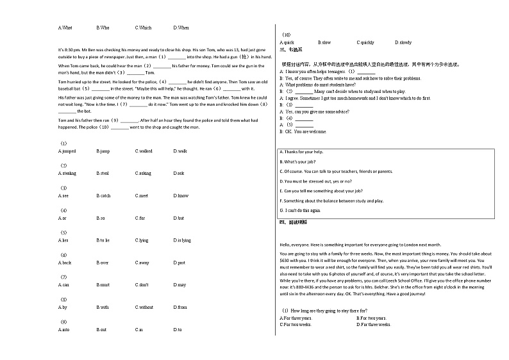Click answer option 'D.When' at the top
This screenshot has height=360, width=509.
(x=181, y=28)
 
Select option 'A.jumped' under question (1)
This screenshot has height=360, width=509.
(x=67, y=151)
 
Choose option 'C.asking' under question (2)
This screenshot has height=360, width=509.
(x=143, y=174)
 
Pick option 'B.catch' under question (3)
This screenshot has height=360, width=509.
(x=103, y=196)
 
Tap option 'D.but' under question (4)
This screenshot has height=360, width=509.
(x=179, y=218)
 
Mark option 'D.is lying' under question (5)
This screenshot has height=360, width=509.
(x=182, y=240)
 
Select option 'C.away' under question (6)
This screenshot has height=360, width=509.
(x=142, y=263)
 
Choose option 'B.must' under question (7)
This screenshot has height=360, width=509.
(x=103, y=285)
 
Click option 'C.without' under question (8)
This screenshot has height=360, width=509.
(x=144, y=307)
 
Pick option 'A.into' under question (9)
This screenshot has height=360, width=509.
(x=63, y=330)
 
